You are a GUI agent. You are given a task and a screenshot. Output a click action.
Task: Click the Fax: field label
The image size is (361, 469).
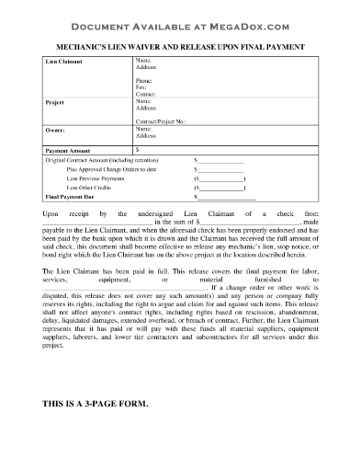click(142, 88)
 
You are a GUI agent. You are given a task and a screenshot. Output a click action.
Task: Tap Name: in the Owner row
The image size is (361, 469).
click(145, 130)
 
